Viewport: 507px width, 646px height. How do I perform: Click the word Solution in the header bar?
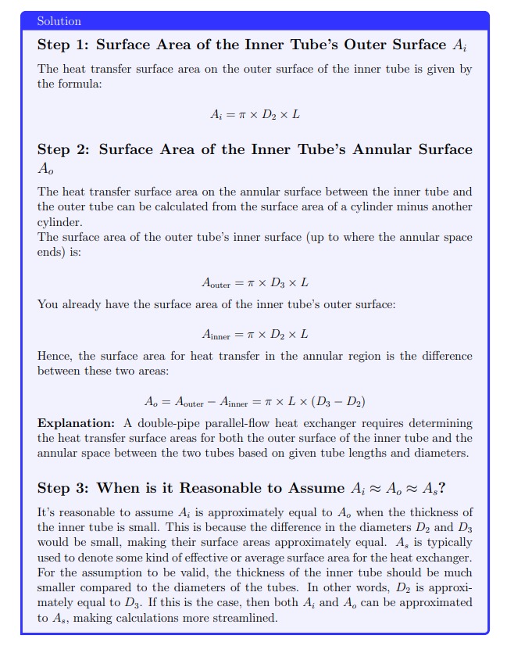pos(59,21)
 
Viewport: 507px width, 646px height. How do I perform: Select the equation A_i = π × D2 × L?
pos(255,114)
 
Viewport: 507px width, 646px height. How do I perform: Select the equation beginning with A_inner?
pos(255,334)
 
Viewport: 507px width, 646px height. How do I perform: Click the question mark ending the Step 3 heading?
pos(442,488)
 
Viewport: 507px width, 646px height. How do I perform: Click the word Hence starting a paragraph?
pos(55,356)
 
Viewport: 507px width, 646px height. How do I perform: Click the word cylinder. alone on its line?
pos(59,221)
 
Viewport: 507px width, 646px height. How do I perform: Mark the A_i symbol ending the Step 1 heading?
pos(460,45)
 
